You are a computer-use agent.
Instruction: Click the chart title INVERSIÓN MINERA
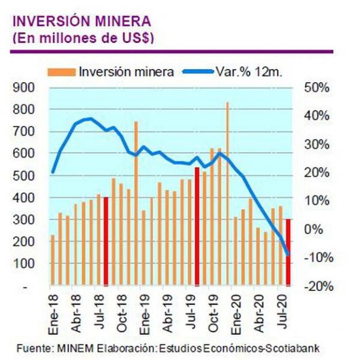tap(82, 22)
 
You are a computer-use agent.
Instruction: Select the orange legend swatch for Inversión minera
tap(62, 72)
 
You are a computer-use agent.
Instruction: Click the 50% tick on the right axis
tap(316, 88)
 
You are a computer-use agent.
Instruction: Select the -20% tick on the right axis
tap(315, 287)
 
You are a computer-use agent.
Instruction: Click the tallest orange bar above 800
tap(227, 192)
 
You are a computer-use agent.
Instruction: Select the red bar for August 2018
tap(106, 240)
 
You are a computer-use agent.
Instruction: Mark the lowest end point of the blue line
tap(288, 254)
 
